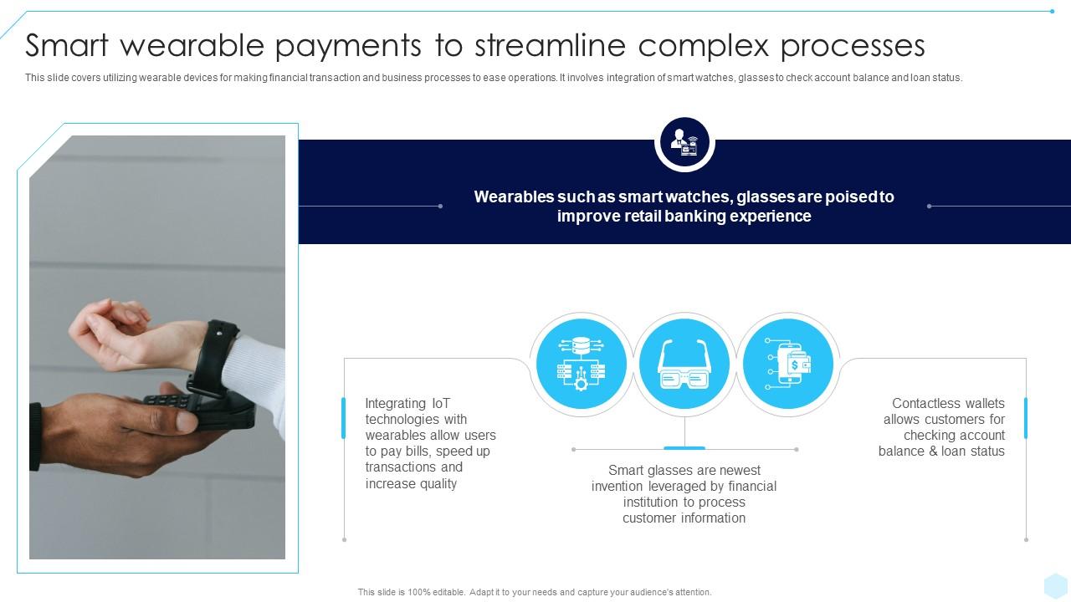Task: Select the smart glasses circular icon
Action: pyautogui.click(x=684, y=365)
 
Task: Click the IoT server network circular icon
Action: pyautogui.click(x=581, y=365)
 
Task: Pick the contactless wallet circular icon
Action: pyautogui.click(x=787, y=365)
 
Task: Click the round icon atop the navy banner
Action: pyautogui.click(x=684, y=143)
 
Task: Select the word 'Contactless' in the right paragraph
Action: pyautogui.click(x=925, y=404)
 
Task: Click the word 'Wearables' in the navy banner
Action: pyautogui.click(x=513, y=197)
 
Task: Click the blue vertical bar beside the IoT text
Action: pyautogui.click(x=343, y=418)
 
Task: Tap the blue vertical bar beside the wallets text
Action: pyautogui.click(x=1026, y=418)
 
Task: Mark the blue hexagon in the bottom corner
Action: pyautogui.click(x=1055, y=585)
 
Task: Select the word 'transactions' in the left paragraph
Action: pyautogui.click(x=402, y=467)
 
